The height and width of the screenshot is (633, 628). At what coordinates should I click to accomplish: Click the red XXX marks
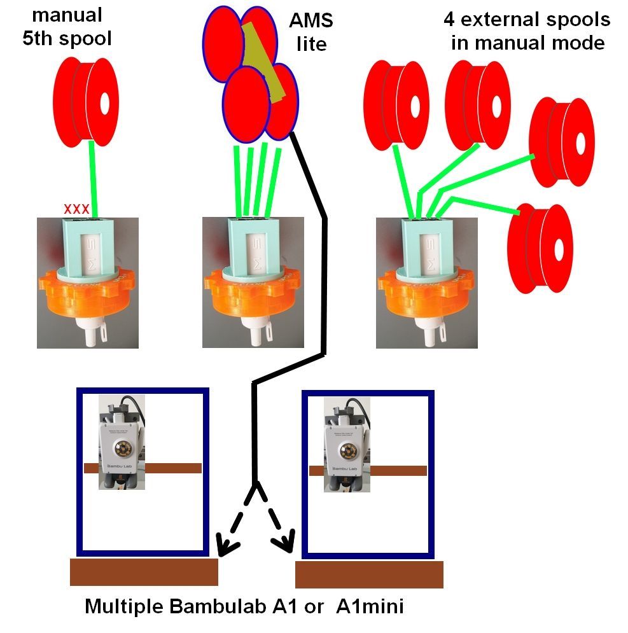pos(76,208)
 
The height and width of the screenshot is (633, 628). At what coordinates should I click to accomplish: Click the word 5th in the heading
pos(40,38)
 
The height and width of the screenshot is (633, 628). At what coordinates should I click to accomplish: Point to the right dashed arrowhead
pos(286,544)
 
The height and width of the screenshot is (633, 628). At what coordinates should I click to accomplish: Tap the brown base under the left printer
pos(144,572)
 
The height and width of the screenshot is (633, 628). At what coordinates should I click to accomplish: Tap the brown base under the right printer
pos(369,575)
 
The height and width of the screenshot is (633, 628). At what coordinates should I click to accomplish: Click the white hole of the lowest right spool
pos(558,249)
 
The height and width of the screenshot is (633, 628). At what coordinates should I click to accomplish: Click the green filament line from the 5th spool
pos(94,178)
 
